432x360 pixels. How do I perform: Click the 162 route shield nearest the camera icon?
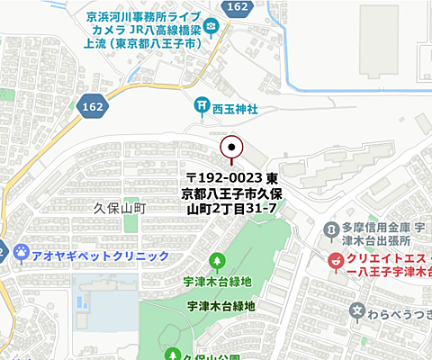coord(238,7)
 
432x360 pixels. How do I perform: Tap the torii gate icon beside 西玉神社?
coord(202,107)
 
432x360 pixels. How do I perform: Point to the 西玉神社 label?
coord(236,108)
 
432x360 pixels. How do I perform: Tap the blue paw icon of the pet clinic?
coord(19,255)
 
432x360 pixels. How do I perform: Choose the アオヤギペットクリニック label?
coord(100,256)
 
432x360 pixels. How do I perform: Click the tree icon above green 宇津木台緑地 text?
coord(217,262)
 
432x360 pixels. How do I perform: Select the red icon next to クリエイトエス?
coord(335,262)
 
